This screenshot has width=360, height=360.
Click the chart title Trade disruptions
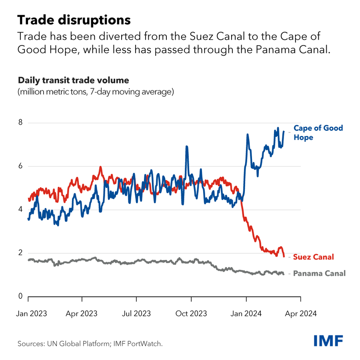pos(74,20)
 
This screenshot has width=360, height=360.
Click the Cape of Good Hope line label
pos(318,132)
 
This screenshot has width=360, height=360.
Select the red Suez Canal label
pos(313,257)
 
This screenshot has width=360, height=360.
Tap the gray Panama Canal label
pos(319,274)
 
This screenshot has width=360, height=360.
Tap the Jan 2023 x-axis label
pos(32,314)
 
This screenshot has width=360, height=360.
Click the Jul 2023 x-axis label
pos(137,314)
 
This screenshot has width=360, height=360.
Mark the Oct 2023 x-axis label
pos(191,314)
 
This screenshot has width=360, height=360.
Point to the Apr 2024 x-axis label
pos(301,314)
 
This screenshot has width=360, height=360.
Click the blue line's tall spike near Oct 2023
pos(186,148)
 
